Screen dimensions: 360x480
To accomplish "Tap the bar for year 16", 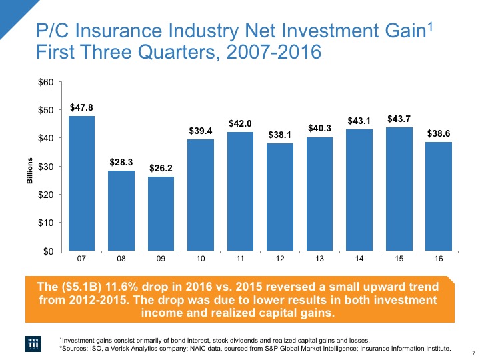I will [x=438, y=196].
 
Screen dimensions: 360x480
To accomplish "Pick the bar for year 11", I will [x=240, y=191].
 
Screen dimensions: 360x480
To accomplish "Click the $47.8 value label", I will [x=81, y=107].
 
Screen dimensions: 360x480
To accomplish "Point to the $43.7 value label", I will [x=399, y=118].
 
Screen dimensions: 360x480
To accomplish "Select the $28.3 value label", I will [x=121, y=161].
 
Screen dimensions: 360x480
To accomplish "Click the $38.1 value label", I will [x=280, y=134].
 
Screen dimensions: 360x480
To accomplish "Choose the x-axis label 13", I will [x=319, y=257].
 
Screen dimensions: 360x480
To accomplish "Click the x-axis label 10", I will [x=201, y=257].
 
